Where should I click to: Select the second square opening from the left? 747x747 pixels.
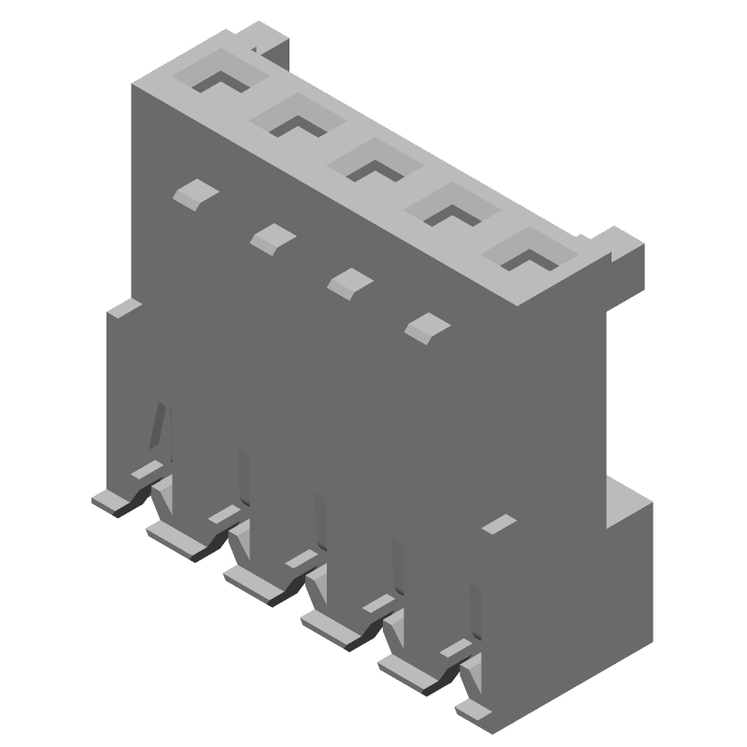[298, 119]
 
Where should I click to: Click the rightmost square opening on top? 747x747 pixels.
[528, 252]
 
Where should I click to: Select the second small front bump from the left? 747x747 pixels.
[273, 237]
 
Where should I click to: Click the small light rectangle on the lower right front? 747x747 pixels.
[499, 522]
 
